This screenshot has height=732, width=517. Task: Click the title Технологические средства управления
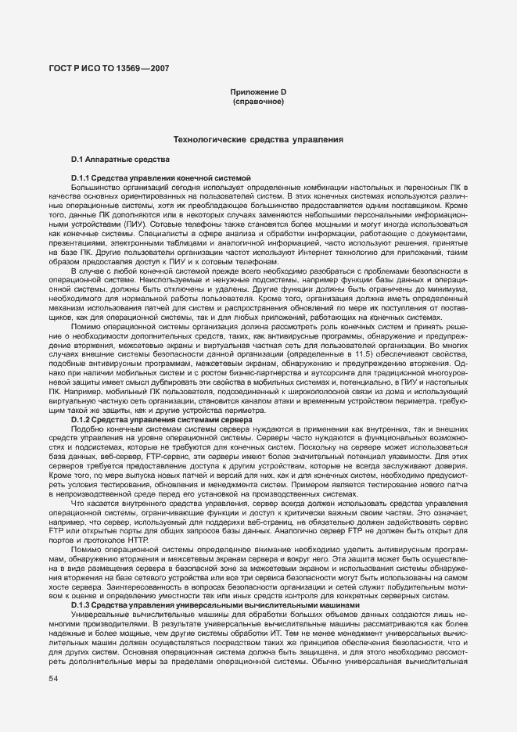tap(258, 140)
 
